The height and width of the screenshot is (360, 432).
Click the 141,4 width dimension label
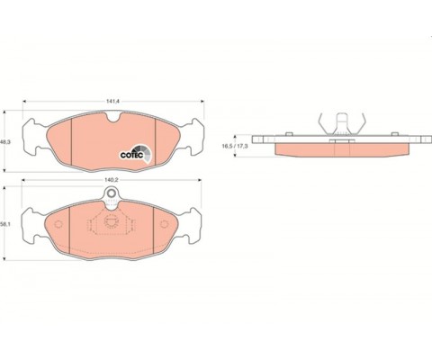[x=112, y=102]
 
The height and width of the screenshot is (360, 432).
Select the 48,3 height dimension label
[x=5, y=142]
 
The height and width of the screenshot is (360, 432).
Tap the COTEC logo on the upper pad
[x=136, y=153]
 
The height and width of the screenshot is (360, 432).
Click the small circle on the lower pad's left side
[x=58, y=224]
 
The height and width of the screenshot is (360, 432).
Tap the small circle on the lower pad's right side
[x=164, y=224]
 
